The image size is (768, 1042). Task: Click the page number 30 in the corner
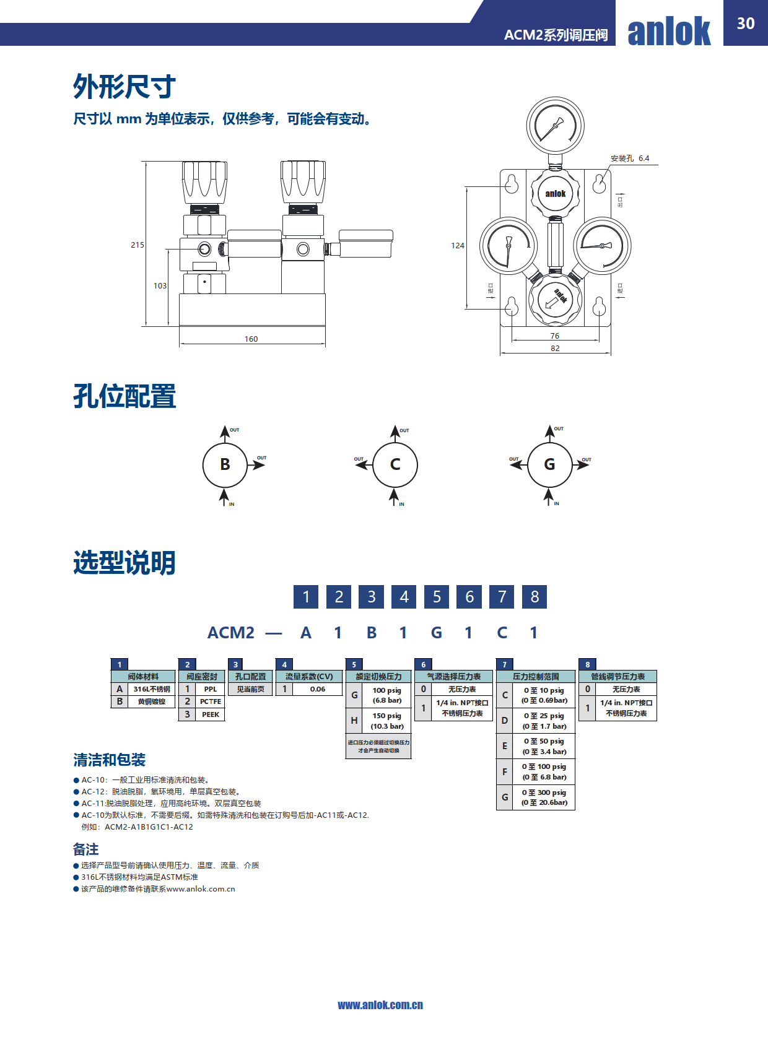[745, 24]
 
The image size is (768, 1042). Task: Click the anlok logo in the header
[669, 31]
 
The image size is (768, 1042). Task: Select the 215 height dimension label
[137, 245]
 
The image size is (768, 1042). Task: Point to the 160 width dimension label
[251, 339]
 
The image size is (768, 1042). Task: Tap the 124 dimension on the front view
[458, 246]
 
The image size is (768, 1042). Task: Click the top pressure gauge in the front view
[555, 125]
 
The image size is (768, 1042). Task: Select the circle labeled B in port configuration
[225, 464]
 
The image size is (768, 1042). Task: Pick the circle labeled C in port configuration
[395, 464]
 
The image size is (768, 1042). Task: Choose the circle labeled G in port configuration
[549, 464]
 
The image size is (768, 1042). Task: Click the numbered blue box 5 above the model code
[437, 597]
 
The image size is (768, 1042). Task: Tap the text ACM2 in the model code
[231, 633]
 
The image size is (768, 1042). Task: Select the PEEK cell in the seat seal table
[211, 714]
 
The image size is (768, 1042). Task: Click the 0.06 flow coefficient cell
[318, 689]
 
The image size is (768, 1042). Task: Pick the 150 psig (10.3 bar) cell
[386, 721]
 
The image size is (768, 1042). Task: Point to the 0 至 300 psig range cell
[544, 797]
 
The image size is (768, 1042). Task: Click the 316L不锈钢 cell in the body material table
[152, 689]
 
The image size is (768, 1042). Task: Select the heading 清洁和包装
[109, 760]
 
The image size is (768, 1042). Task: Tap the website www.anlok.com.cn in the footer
[380, 1005]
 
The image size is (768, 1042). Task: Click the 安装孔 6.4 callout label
[630, 158]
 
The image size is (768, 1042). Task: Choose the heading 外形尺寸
[124, 87]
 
